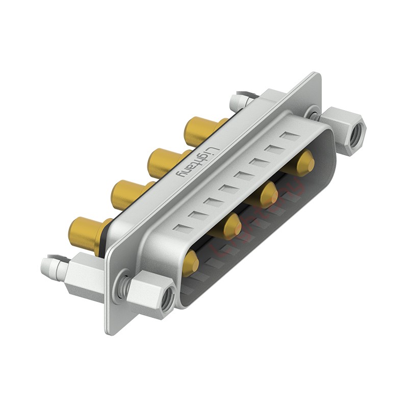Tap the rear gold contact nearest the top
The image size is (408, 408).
pos(200,130)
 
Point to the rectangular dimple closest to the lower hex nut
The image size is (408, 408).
pos(180,227)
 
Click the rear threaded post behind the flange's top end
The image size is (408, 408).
pos(240,100)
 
